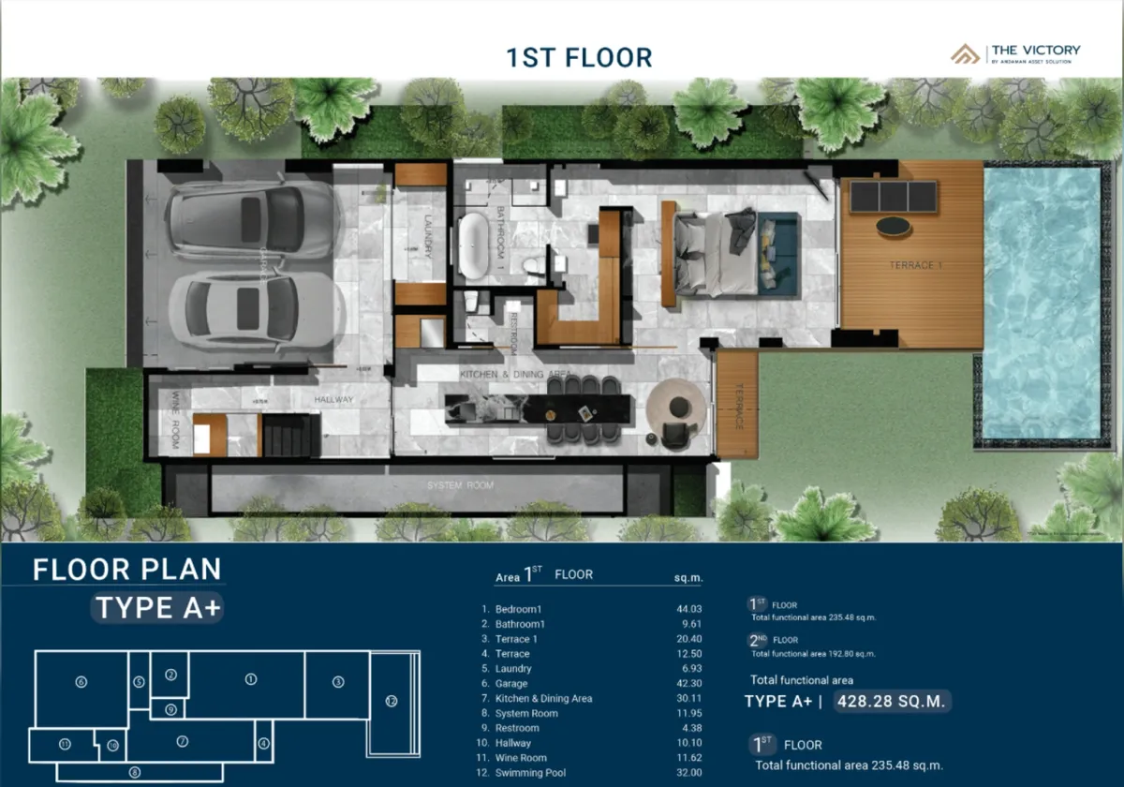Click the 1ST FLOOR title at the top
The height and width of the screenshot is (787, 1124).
[x=579, y=57]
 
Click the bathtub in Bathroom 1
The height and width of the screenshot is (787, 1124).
[x=474, y=245]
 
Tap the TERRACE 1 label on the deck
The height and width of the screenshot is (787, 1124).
[x=915, y=266]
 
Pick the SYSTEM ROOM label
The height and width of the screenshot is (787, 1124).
[x=460, y=486]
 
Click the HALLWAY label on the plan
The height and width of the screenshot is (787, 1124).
[x=334, y=400]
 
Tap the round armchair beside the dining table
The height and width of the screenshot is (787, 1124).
[x=675, y=407]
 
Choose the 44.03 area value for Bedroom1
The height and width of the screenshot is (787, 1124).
[x=688, y=609]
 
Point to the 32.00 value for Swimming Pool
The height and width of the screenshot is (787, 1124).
[x=688, y=773]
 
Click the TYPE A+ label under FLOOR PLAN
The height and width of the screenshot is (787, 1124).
[x=158, y=608]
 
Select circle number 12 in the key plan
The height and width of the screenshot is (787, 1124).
[x=391, y=701]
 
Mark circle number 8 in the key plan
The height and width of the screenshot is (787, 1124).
[x=135, y=772]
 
